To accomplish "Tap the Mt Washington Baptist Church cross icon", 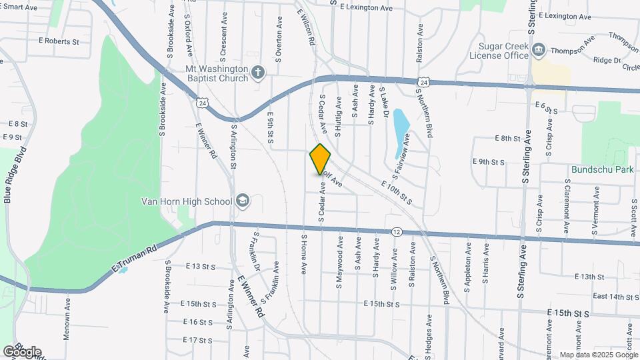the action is coord(259,72).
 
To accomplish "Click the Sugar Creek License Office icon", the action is coord(539,49).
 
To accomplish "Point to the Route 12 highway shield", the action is coord(397,231).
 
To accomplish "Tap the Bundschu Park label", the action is coord(602,169).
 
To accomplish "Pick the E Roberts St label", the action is coord(59,41).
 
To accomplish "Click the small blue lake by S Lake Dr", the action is coord(401,127).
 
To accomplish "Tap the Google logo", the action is coord(22,351).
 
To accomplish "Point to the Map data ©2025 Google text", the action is coord(599,355).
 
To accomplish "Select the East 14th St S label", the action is coord(597,297).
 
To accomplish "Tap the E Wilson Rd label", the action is coord(306,27).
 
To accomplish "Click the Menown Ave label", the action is coord(67,319).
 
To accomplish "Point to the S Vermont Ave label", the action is coord(594,208).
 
